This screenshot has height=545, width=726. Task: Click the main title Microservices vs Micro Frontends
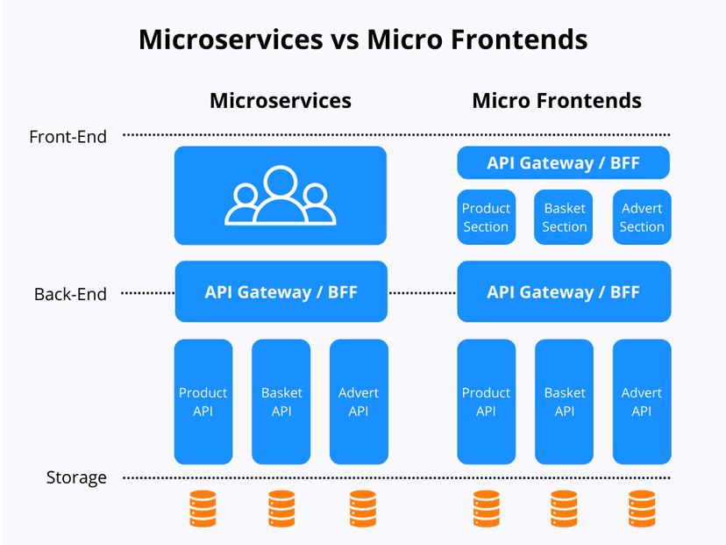[363, 40]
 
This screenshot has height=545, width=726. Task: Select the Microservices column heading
[280, 101]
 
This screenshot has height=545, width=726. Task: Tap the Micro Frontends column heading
[556, 101]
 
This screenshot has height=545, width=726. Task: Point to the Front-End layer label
[68, 137]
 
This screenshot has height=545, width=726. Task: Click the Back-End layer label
[70, 294]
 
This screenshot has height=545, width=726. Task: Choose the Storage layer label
[76, 478]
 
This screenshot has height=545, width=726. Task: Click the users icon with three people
[280, 196]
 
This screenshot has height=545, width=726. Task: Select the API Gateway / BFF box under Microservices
[281, 291]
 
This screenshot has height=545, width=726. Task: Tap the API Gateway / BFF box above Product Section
[563, 163]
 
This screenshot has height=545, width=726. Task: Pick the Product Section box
[486, 218]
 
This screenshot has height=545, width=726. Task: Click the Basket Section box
[564, 218]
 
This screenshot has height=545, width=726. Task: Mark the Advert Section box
[642, 218]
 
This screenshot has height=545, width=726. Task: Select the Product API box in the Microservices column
[203, 402]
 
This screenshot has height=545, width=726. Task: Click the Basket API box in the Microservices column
[281, 402]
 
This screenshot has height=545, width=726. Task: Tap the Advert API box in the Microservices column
[359, 402]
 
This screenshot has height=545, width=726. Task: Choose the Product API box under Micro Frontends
[486, 402]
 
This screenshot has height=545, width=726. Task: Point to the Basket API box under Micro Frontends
[564, 402]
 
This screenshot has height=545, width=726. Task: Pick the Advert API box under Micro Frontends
[642, 402]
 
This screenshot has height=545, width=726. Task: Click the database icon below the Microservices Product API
[203, 509]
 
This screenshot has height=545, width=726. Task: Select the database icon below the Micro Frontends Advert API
[642, 509]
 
